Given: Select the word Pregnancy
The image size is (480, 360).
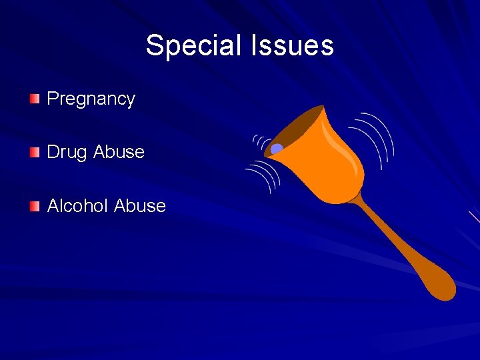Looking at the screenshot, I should [91, 99].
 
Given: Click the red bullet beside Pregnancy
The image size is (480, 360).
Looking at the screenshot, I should [35, 99].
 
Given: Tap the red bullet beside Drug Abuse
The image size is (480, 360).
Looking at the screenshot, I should [35, 153].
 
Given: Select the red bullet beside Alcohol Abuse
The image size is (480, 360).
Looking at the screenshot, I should [35, 206].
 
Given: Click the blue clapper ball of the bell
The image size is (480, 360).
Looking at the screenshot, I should [277, 149].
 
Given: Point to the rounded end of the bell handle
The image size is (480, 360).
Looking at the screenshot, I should [442, 287].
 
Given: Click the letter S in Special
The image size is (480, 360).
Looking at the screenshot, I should [154, 45].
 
